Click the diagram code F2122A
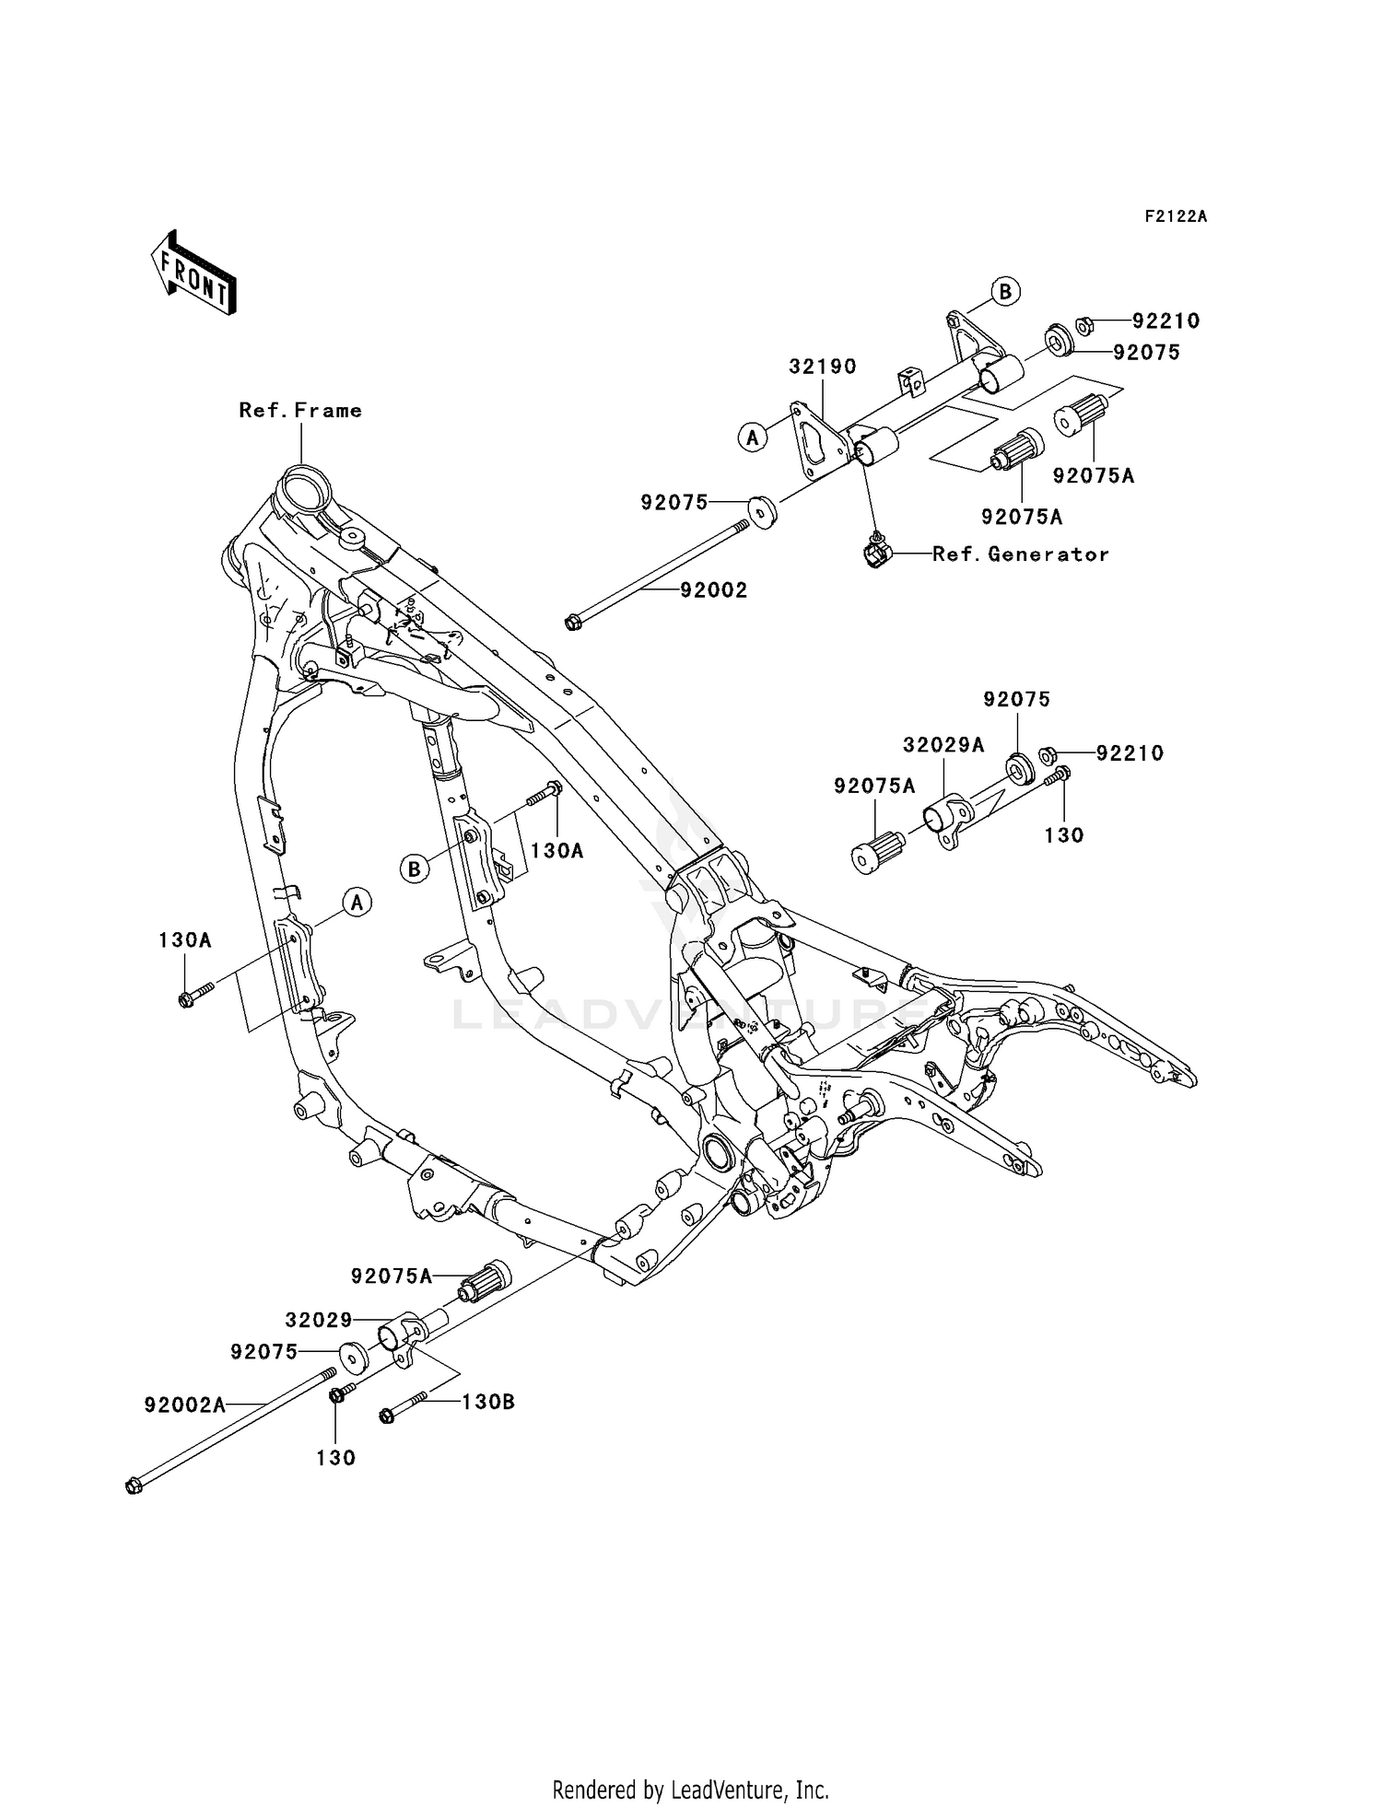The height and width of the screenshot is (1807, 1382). (x=1176, y=217)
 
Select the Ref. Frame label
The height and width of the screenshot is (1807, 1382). (x=300, y=411)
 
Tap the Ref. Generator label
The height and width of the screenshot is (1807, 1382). (x=1021, y=554)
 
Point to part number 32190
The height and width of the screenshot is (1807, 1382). (x=822, y=367)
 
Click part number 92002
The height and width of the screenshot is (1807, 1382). (x=714, y=590)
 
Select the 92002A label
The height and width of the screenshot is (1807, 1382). (x=184, y=1405)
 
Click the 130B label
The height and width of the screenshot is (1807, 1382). (x=487, y=1402)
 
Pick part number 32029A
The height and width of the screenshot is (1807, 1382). (x=943, y=745)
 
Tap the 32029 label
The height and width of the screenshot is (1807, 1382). (x=319, y=1320)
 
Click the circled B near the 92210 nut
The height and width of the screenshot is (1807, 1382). (x=1005, y=292)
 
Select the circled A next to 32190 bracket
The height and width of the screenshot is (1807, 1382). (x=753, y=437)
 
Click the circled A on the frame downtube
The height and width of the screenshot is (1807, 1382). (x=357, y=903)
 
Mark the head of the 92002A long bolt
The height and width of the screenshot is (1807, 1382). (x=134, y=1486)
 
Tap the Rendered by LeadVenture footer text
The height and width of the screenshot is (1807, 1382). (x=690, y=1789)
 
